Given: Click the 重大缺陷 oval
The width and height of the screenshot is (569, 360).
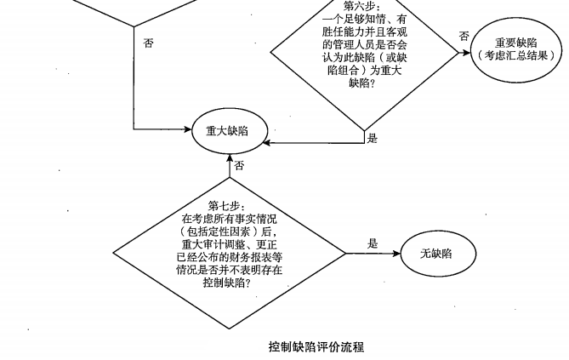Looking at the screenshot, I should (229, 130).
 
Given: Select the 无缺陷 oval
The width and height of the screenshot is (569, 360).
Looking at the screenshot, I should (435, 254).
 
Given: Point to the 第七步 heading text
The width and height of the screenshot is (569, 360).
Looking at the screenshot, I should (226, 205).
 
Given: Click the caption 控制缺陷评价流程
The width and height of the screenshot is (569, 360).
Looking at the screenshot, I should (316, 346).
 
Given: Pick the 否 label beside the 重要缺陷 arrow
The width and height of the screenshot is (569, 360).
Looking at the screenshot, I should (464, 36).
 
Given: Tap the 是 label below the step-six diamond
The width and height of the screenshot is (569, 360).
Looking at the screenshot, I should (371, 137).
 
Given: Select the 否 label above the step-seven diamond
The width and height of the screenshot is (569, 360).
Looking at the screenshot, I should (239, 165).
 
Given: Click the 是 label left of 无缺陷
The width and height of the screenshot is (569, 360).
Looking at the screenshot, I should (372, 243).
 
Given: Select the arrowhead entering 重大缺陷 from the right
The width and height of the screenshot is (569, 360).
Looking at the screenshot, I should (265, 130).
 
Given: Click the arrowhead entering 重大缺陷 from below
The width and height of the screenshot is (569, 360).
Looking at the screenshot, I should (229, 155).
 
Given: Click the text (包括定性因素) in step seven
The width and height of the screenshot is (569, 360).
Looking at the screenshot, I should (227, 230).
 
